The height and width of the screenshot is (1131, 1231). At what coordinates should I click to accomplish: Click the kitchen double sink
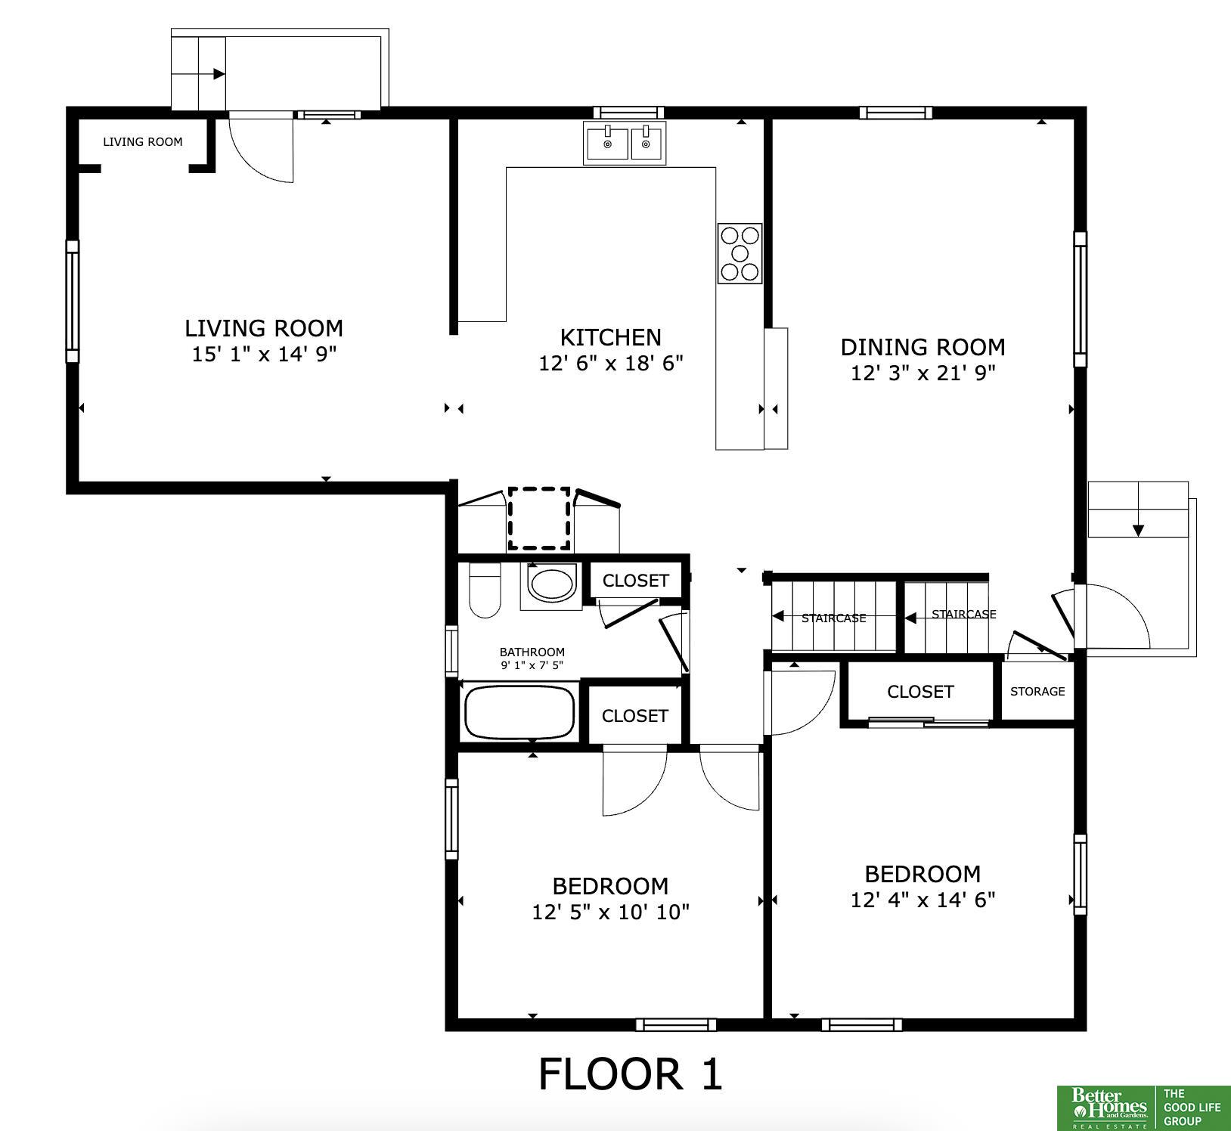(x=625, y=143)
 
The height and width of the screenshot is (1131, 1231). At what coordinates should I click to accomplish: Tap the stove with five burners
(x=740, y=253)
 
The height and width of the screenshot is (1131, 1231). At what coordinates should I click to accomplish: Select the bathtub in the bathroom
(x=519, y=711)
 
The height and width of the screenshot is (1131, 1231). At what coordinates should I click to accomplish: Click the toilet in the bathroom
(x=485, y=590)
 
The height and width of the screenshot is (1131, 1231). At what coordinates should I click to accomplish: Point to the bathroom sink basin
(x=551, y=584)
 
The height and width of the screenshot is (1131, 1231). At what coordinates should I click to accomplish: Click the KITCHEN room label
(x=610, y=337)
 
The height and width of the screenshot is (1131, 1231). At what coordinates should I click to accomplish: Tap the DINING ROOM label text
(x=922, y=347)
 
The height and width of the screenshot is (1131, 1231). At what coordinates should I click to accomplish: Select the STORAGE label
(x=1037, y=691)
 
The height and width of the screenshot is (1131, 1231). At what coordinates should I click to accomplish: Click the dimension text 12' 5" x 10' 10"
(x=610, y=912)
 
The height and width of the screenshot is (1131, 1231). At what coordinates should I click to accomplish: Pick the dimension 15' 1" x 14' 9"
(x=264, y=354)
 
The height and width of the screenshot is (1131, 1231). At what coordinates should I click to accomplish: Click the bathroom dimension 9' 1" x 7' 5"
(x=532, y=665)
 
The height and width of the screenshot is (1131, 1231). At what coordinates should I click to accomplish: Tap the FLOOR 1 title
(x=631, y=1074)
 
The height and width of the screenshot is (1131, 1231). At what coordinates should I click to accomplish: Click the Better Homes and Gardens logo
(x=1105, y=1108)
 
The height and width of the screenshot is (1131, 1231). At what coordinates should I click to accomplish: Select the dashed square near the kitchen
(x=539, y=519)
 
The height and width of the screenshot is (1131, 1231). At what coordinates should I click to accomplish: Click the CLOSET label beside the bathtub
(x=635, y=715)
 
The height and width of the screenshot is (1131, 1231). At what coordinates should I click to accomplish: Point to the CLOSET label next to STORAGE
(x=920, y=692)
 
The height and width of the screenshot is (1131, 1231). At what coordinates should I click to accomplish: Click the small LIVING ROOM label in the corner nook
(x=143, y=141)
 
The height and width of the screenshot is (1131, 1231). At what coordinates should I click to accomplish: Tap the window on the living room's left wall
(x=73, y=302)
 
